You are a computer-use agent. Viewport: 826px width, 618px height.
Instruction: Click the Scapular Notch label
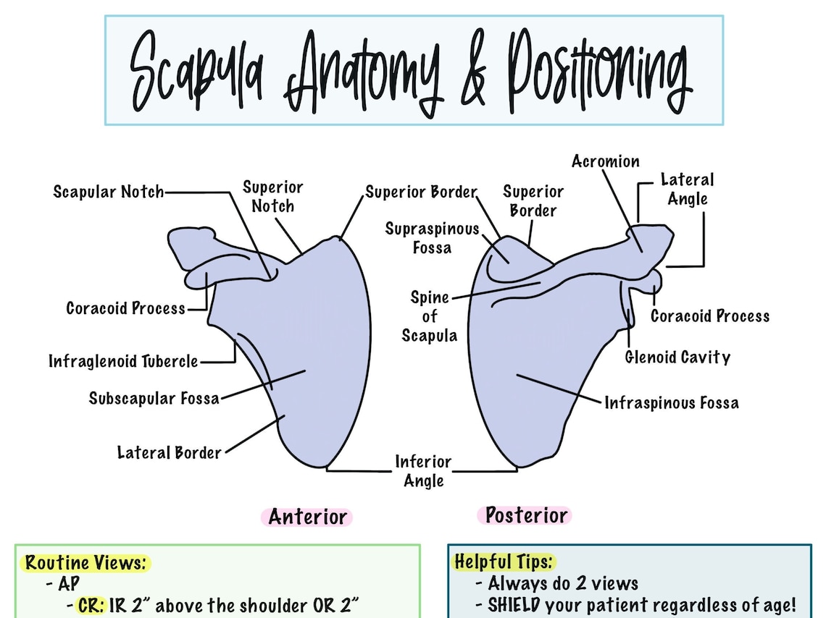[x=108, y=192]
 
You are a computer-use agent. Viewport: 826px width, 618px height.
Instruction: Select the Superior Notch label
[x=272, y=197]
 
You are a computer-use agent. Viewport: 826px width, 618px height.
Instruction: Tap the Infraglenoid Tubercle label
[x=123, y=360]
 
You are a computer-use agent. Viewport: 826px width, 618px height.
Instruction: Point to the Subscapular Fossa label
[x=154, y=398]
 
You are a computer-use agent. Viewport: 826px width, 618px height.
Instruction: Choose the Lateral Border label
[x=169, y=453]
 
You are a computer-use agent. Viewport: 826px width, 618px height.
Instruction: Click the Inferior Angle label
[x=423, y=470]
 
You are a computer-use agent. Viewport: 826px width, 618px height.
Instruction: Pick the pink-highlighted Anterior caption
[x=307, y=517]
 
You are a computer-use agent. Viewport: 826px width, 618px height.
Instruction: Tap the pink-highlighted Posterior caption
[x=525, y=515]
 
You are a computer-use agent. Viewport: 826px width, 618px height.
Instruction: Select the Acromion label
[x=605, y=161]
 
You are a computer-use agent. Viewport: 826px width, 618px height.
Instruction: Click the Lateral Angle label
[x=687, y=189]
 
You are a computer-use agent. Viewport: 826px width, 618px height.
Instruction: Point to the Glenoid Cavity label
[x=677, y=357]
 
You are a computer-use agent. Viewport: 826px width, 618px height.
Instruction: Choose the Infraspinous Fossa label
[x=672, y=402]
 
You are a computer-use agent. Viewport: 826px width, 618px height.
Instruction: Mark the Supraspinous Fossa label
[x=432, y=238]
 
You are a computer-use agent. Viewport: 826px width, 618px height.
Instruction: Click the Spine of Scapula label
[x=430, y=316]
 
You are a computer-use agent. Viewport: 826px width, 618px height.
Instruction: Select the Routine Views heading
[x=88, y=562]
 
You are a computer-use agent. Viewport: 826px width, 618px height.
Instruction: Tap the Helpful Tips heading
[x=504, y=562]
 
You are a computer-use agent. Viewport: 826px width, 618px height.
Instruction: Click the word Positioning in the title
[x=596, y=70]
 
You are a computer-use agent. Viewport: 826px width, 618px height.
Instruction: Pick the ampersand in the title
[x=473, y=72]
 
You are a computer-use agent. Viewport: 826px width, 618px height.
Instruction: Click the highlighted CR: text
[x=93, y=606]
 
